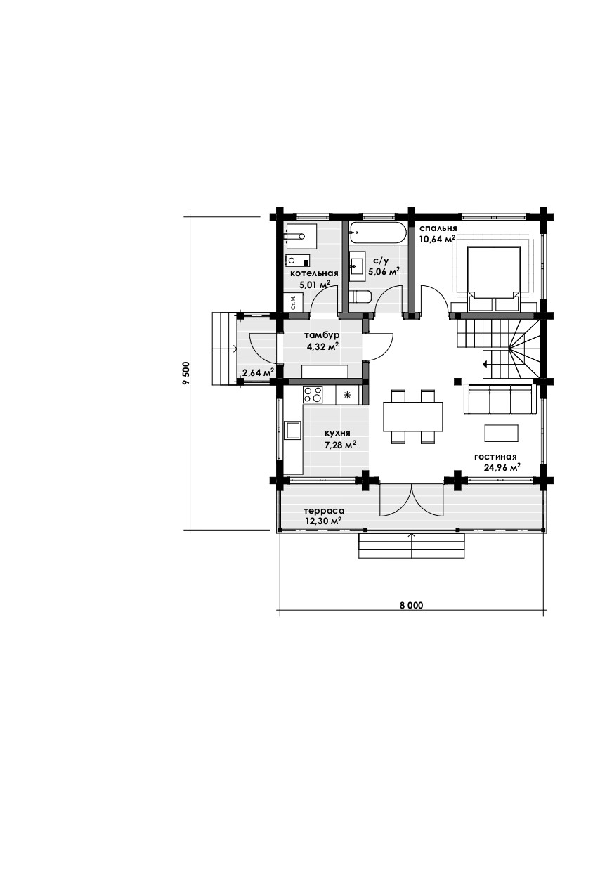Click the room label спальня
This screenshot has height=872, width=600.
pos(438,228)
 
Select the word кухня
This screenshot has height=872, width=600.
pos(337,433)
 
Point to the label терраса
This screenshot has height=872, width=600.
pos(324,510)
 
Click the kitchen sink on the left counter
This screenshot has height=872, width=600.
pos(292,430)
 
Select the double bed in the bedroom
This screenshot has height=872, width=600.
pos(494,278)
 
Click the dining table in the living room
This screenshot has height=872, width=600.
pos(412,416)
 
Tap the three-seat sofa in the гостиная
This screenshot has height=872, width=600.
pos(498,398)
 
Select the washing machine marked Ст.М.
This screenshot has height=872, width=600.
pos(293,302)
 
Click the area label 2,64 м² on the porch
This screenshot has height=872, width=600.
pos(258,372)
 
